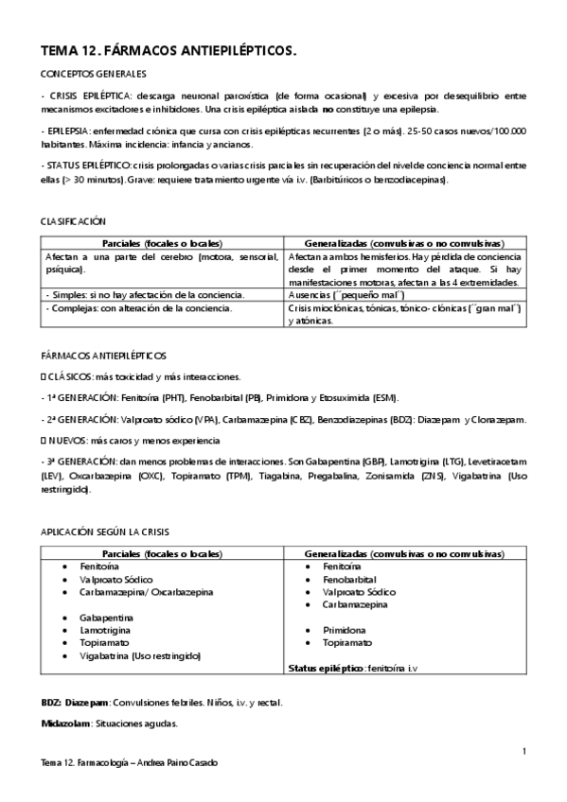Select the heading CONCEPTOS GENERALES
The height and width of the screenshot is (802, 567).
(93, 75)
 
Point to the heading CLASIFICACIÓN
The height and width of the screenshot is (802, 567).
(72, 219)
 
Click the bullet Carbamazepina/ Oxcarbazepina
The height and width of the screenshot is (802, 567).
(147, 591)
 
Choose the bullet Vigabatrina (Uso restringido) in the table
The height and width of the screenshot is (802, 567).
(141, 654)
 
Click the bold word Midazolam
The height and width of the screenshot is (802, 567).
(65, 724)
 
